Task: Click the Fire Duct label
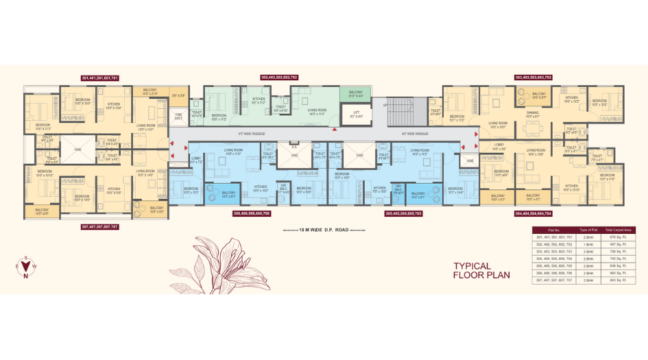coord(178,117)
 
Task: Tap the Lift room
coord(355,115)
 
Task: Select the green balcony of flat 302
coord(355,94)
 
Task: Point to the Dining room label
coord(533,115)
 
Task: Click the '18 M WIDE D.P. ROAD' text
coord(324,230)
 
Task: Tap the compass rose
coord(26,267)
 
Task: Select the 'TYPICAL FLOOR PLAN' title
coord(481,270)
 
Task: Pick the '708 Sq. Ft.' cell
coord(623,251)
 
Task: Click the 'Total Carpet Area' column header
coord(623,229)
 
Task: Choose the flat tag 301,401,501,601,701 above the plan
coord(100,77)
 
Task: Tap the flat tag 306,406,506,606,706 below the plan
coord(252,213)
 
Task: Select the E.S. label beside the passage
coord(293,146)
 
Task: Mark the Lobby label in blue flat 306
coord(196,161)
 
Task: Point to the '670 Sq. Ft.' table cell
coord(623,237)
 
